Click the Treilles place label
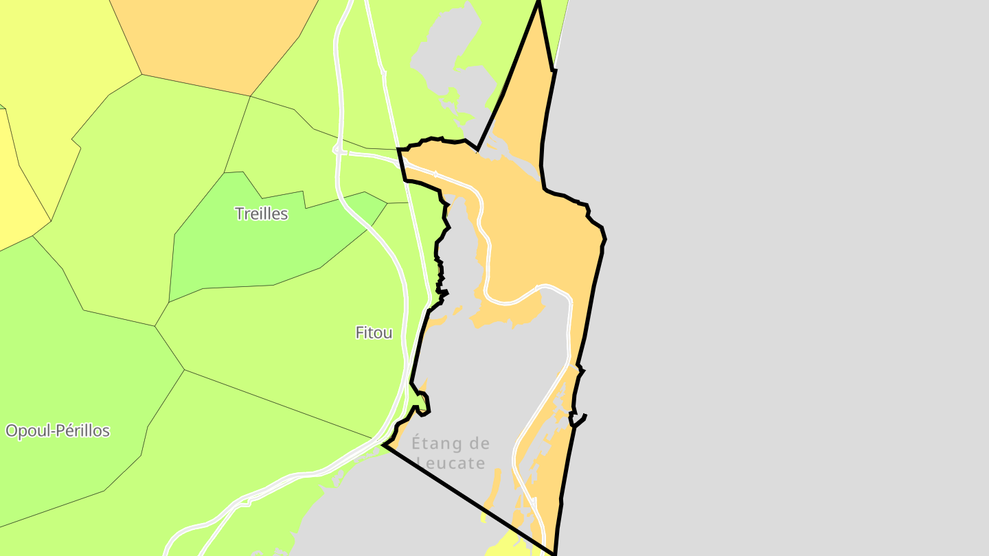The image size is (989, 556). click(261, 213)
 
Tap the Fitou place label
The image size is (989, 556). click(374, 333)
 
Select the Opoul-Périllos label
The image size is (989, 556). click(58, 431)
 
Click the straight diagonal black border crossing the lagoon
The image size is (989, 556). click(467, 498)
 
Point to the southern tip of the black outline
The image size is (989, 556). click(554, 553)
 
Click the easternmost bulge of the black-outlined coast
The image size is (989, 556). click(605, 239)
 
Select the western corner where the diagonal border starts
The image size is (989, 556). click(385, 445)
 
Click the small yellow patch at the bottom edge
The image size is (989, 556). click(508, 546)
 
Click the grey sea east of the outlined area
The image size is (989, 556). click(790, 275)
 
